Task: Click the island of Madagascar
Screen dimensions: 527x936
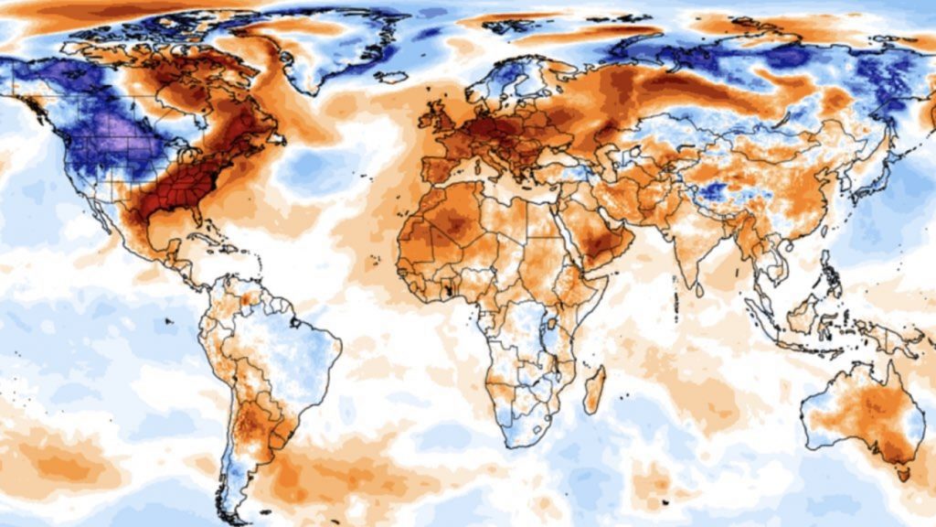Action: pyautogui.click(x=594, y=388)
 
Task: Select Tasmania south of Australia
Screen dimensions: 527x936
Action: pyautogui.click(x=904, y=473)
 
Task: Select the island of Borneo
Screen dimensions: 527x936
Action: pyautogui.click(x=804, y=315)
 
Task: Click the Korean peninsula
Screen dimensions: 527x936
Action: pyautogui.click(x=833, y=179)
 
